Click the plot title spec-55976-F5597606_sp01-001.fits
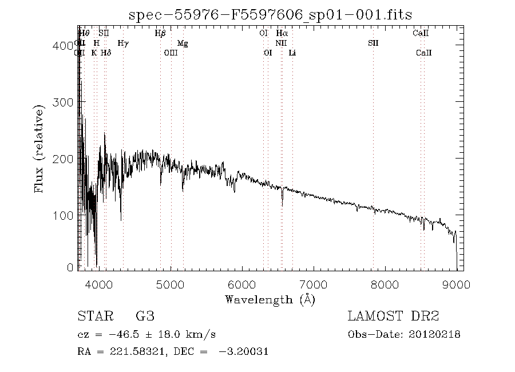[x=271, y=14]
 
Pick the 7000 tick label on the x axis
[x=313, y=284]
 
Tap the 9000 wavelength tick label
[x=456, y=284]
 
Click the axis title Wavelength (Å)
[x=270, y=299]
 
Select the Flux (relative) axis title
[x=39, y=148]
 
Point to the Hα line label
[x=282, y=34]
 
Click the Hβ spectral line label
[x=160, y=34]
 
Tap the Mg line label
[x=183, y=43]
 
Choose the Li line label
[x=292, y=53]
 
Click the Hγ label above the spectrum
[x=122, y=43]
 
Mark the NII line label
[x=280, y=43]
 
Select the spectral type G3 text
[x=145, y=316]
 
